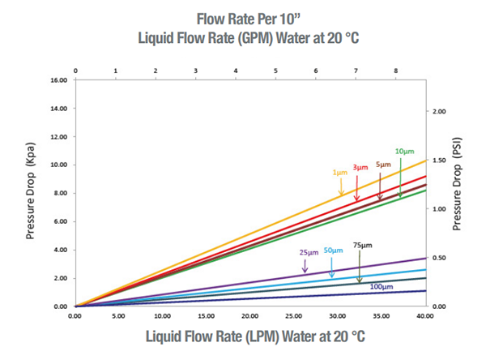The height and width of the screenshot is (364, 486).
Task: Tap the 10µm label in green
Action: pyautogui.click(x=405, y=152)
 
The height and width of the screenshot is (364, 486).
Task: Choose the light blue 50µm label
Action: pyautogui.click(x=333, y=251)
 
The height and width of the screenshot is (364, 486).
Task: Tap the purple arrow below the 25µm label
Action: pyautogui.click(x=305, y=266)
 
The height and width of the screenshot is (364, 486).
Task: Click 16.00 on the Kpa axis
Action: pyautogui.click(x=58, y=80)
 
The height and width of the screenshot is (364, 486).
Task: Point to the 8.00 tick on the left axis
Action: pyautogui.click(x=59, y=193)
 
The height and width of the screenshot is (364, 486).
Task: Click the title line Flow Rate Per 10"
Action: pyautogui.click(x=242, y=18)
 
